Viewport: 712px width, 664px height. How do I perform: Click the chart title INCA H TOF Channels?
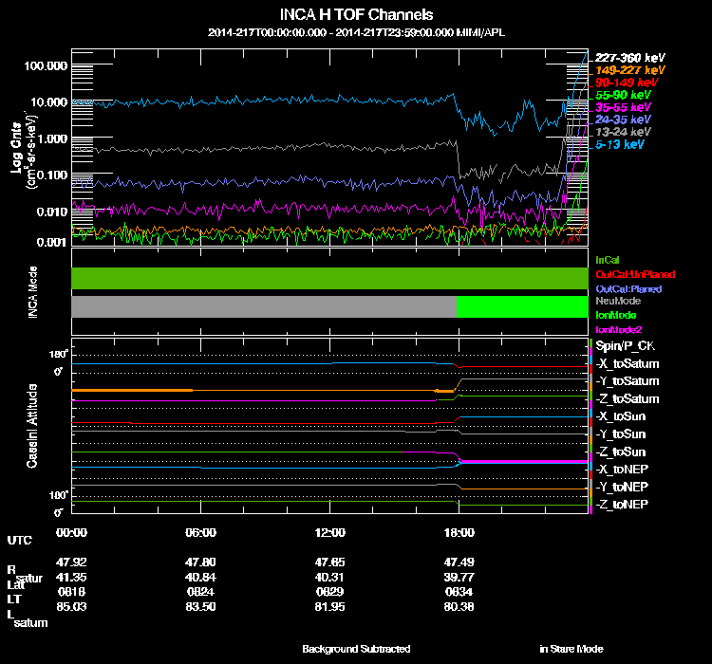pyautogui.click(x=356, y=15)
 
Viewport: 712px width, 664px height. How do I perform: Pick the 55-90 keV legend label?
pyautogui.click(x=623, y=96)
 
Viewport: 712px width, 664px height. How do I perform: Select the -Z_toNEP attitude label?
pyautogui.click(x=622, y=504)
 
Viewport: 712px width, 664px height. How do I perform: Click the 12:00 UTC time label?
pyautogui.click(x=330, y=532)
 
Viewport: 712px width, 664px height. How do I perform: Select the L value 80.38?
pyautogui.click(x=459, y=607)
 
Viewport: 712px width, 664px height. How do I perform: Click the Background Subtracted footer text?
pyautogui.click(x=356, y=649)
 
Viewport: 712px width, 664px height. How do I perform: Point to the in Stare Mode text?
pyautogui.click(x=571, y=649)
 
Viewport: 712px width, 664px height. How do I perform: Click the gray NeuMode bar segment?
pyautogui.click(x=264, y=306)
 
